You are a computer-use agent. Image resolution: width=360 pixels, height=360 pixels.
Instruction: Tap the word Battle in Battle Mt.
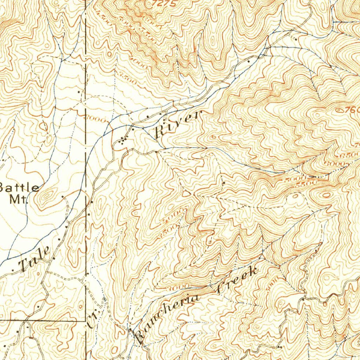tap(19, 188)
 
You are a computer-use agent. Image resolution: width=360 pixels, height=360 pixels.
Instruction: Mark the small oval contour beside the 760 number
tap(339, 110)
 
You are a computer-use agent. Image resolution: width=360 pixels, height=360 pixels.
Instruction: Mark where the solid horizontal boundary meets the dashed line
tap(86, 321)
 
